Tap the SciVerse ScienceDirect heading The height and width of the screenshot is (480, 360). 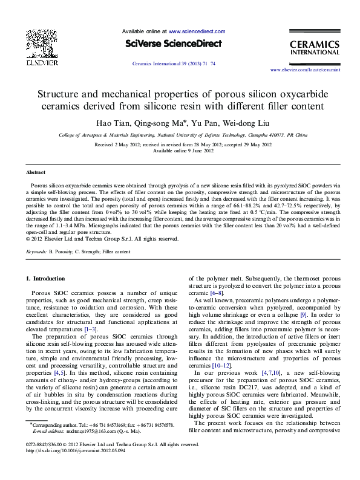pyautogui.click(x=174, y=44)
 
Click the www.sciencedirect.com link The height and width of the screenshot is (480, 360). pyautogui.click(x=197, y=31)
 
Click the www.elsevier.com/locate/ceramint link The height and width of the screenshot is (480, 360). pyautogui.click(x=301, y=70)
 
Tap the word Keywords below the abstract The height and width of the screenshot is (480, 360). pyautogui.click(x=36, y=250)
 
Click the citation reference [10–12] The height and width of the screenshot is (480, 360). pyautogui.click(x=220, y=366)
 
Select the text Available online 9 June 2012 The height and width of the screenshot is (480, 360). pyautogui.click(x=180, y=151)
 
